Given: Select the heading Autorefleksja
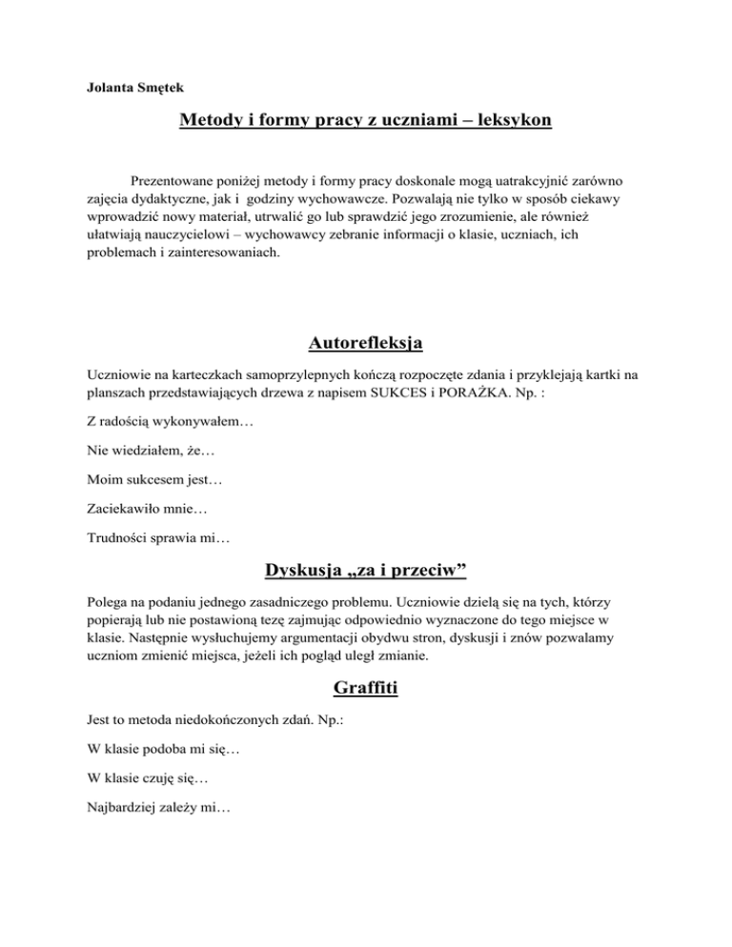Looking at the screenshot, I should [366, 341].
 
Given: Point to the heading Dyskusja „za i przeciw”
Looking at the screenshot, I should [366, 572].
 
